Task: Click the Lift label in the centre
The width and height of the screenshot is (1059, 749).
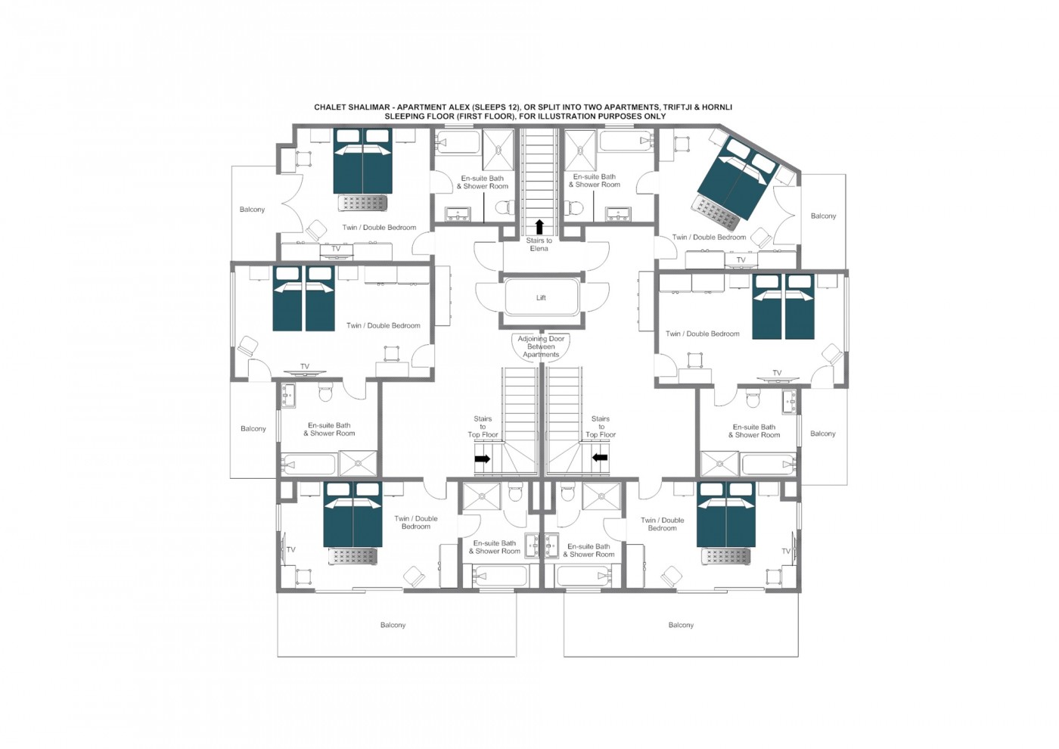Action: (541, 297)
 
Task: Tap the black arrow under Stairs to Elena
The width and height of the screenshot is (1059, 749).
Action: (539, 226)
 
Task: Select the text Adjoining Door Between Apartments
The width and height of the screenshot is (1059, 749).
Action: (541, 347)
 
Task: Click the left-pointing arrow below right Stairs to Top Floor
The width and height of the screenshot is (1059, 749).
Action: (600, 457)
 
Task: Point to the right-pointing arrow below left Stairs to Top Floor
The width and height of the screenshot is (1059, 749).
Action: (483, 458)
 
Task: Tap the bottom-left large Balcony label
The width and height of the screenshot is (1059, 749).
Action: (393, 625)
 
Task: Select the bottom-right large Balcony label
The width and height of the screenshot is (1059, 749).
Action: (681, 625)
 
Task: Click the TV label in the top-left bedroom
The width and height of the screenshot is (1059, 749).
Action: (336, 249)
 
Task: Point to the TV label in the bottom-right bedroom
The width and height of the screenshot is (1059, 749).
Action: (786, 552)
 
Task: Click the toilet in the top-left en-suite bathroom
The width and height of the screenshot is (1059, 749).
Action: (505, 207)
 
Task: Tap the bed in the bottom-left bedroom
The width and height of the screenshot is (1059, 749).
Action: (352, 514)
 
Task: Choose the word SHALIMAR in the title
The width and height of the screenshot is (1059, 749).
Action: (370, 107)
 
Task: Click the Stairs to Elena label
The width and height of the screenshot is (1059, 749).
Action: (539, 244)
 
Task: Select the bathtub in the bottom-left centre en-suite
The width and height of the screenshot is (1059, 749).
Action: (500, 576)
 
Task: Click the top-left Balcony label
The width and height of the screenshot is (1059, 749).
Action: (252, 210)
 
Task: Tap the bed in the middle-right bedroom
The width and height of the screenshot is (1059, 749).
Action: (783, 306)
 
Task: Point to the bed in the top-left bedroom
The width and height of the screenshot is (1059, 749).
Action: (362, 161)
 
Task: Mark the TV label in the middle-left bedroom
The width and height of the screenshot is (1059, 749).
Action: (305, 366)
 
